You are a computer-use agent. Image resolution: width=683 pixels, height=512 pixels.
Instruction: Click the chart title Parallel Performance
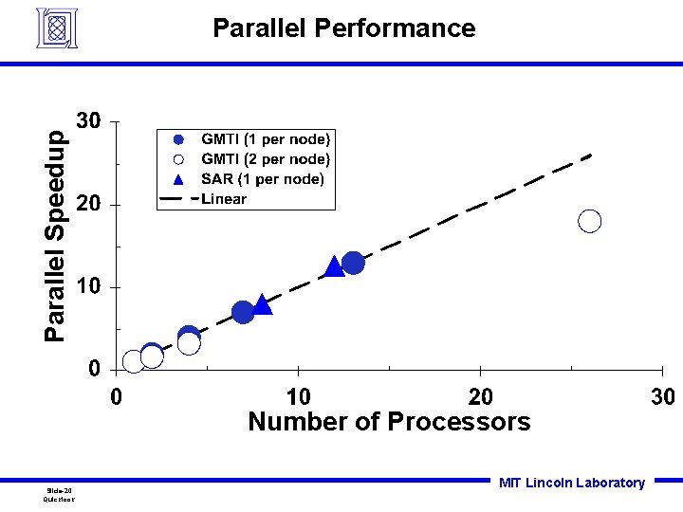[343, 28]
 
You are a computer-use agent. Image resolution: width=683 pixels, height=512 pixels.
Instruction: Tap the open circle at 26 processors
[589, 221]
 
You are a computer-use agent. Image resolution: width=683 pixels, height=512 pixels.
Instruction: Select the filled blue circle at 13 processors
[353, 263]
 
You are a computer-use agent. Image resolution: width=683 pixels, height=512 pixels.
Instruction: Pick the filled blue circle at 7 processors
[243, 312]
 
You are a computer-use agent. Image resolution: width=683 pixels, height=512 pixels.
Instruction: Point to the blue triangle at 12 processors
[334, 267]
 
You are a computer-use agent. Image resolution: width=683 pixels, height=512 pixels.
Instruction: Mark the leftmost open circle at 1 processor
[134, 361]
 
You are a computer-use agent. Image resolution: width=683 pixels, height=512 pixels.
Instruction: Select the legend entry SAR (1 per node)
[262, 179]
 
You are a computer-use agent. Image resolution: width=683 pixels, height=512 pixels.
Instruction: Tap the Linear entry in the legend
[224, 199]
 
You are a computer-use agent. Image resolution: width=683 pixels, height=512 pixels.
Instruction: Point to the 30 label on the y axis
[89, 121]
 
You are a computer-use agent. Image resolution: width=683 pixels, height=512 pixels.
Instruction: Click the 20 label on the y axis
[89, 205]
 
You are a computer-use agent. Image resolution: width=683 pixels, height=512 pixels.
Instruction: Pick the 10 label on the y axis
[89, 287]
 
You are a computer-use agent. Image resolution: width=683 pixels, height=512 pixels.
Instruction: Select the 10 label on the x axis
[298, 396]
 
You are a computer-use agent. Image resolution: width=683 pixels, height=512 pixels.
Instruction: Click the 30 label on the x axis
[662, 396]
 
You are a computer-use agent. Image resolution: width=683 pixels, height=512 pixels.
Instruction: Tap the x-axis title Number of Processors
[389, 422]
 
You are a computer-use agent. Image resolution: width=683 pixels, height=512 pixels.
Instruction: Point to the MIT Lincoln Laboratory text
[571, 484]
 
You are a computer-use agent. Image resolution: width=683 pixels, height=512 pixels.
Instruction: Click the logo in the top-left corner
[56, 27]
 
